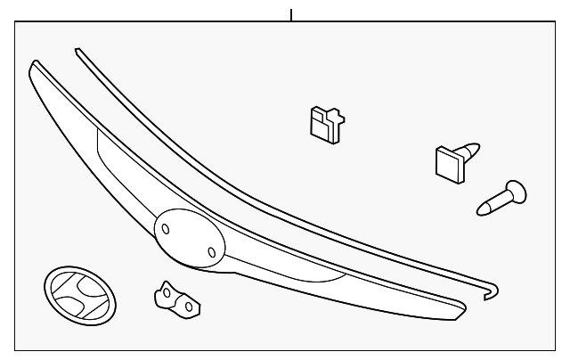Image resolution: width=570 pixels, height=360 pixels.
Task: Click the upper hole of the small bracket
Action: click(x=165, y=290)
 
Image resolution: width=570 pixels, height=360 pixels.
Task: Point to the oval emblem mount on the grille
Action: click(x=187, y=237)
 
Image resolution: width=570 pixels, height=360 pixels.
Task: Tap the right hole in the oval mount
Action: click(x=210, y=251)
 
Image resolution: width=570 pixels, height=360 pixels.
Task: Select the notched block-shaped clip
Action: click(x=326, y=123)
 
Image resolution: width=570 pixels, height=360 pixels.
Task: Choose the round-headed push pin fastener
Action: click(x=501, y=197)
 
